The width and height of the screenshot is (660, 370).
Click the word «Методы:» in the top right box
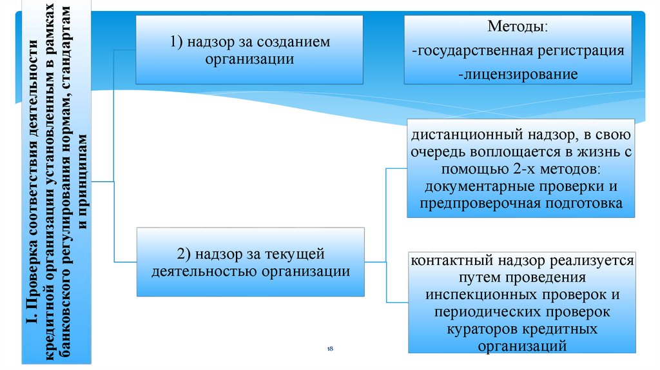pyautogui.click(x=518, y=28)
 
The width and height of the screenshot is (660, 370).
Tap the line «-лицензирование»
pyautogui.click(x=518, y=73)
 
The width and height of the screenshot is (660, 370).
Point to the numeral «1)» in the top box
pyautogui.click(x=178, y=42)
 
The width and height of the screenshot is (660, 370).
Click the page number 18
pyautogui.click(x=330, y=348)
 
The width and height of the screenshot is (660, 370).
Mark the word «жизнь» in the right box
pyautogui.click(x=588, y=153)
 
